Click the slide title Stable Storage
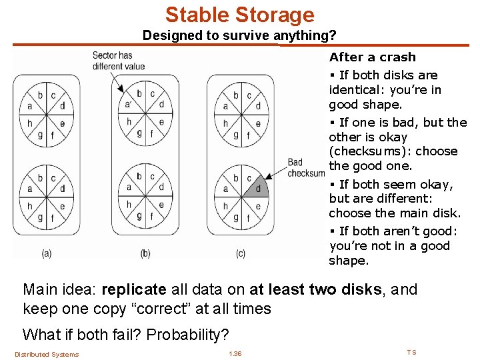click(x=239, y=15)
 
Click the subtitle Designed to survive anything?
click(x=239, y=35)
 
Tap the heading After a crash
click(x=372, y=57)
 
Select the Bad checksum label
click(x=305, y=168)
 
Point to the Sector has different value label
click(x=118, y=61)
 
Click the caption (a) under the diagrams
click(x=47, y=253)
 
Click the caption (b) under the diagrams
click(x=145, y=253)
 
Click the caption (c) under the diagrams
click(x=241, y=253)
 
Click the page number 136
click(x=235, y=353)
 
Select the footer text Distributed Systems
click(x=47, y=354)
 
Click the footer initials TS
click(x=411, y=352)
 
